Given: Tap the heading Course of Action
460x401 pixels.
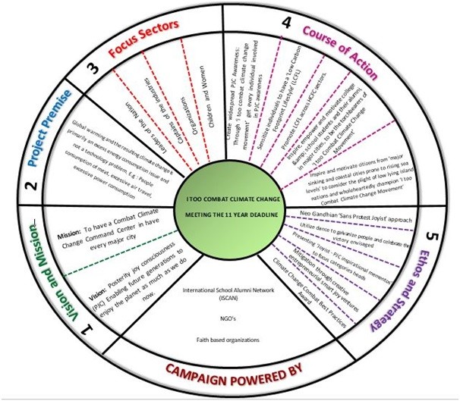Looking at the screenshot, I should point(340,43).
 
